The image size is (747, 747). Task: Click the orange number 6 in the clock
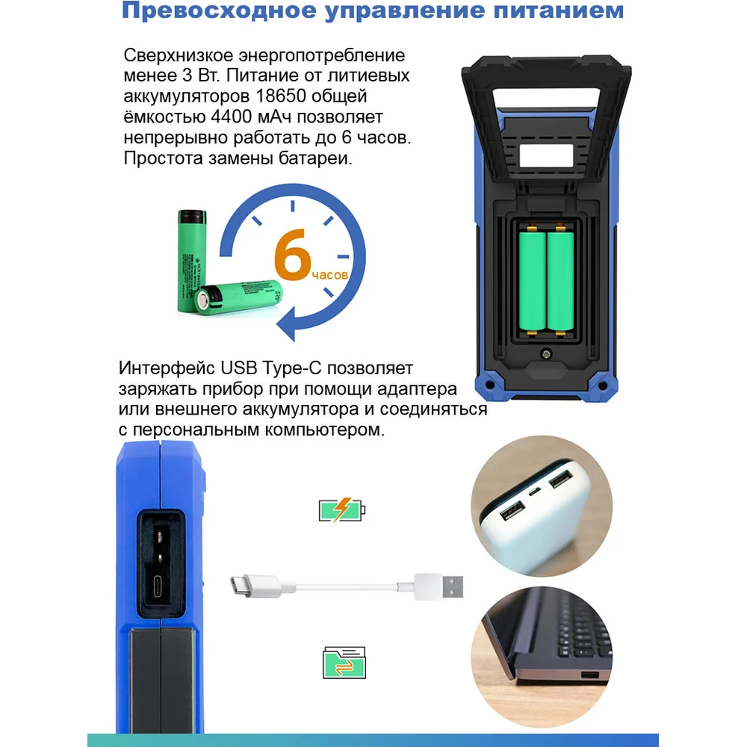tap(293, 255)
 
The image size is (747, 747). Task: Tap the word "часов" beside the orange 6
tap(329, 276)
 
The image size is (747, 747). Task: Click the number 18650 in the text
tap(281, 96)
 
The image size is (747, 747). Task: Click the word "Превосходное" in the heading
tap(219, 10)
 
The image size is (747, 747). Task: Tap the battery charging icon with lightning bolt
tap(341, 509)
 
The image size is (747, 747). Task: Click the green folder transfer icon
tap(344, 662)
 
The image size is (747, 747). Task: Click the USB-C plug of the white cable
tap(255, 586)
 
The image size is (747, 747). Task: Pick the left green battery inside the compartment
tap(532, 280)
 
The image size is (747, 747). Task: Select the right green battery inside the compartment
tap(560, 280)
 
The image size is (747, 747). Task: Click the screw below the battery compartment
tap(546, 354)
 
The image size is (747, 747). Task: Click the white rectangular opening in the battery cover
tap(546, 156)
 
